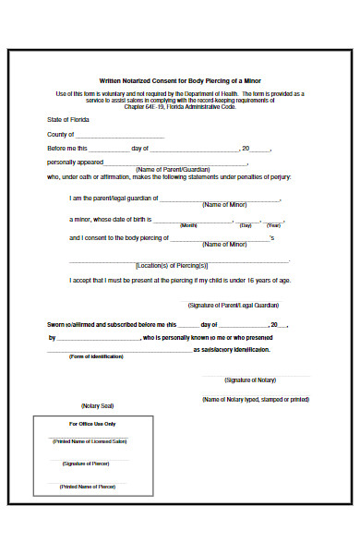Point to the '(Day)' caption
point(246,225)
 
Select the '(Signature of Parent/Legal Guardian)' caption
point(234,304)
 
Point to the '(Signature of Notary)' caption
point(253,379)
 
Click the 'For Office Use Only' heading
point(92,423)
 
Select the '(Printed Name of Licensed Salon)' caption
point(89,441)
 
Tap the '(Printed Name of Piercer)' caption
point(89,486)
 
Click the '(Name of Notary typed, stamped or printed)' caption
point(256,400)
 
